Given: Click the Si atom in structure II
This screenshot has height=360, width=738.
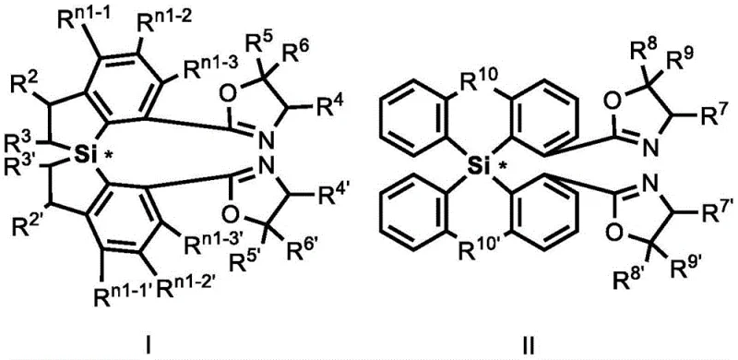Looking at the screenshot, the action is (x=476, y=167).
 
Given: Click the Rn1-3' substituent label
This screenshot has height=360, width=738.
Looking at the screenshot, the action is (x=203, y=244).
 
